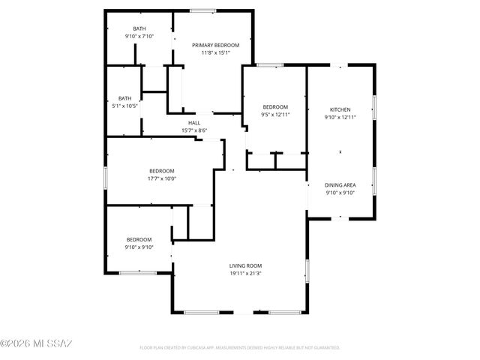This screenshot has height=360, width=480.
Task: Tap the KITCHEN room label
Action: [x=340, y=109]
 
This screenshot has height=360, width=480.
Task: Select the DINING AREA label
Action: [x=340, y=184]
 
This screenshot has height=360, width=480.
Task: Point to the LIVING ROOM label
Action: [x=245, y=265]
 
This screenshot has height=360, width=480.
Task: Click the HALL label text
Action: [x=193, y=123]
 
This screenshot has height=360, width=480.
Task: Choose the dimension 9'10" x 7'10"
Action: [x=139, y=36]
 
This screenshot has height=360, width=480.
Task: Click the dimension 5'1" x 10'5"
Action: [x=124, y=106]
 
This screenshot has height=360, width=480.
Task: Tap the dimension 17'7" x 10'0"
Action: [x=161, y=178]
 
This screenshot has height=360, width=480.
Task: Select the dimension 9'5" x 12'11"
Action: [x=274, y=115]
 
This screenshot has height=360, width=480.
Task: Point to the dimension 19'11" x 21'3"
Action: [x=245, y=274]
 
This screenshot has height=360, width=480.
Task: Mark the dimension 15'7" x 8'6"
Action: [x=193, y=131]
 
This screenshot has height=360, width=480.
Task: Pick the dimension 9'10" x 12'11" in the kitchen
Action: [x=340, y=118]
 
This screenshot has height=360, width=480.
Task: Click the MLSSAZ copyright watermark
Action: [x=36, y=343]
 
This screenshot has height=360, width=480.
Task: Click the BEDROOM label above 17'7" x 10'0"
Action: [x=161, y=170]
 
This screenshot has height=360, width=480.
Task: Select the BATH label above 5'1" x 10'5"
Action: [x=124, y=97]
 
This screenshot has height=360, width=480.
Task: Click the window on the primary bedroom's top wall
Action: [x=199, y=10]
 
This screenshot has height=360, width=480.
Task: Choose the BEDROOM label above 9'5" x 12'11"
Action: [x=274, y=107]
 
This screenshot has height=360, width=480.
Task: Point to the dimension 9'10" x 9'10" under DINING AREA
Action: [x=340, y=193]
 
